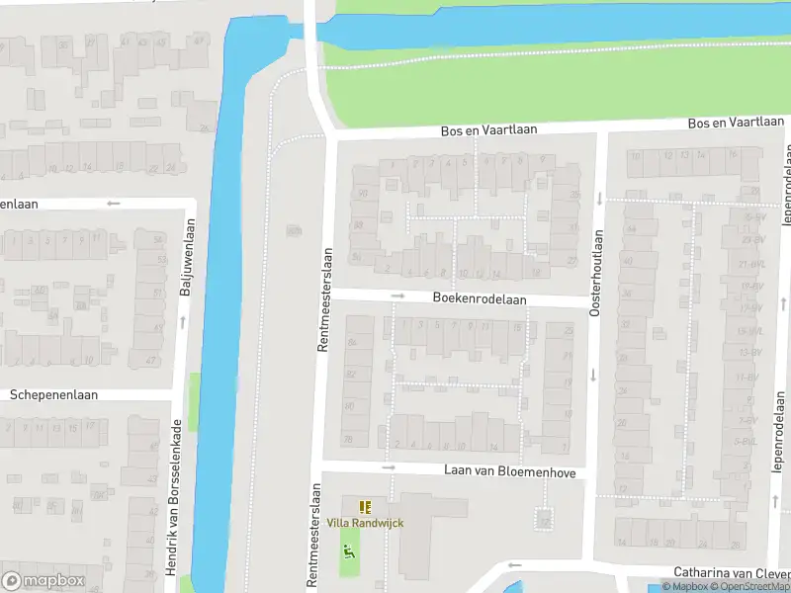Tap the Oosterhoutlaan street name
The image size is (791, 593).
click(x=596, y=273)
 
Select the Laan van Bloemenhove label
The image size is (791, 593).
click(x=509, y=473)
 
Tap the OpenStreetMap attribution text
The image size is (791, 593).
click(x=754, y=587)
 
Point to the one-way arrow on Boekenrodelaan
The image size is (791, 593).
click(x=397, y=296)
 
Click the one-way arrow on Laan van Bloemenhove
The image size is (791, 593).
click(x=389, y=467)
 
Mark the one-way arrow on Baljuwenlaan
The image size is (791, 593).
click(x=182, y=321)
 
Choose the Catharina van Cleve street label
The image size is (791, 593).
click(x=732, y=572)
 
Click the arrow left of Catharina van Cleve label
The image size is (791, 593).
click(x=513, y=565)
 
